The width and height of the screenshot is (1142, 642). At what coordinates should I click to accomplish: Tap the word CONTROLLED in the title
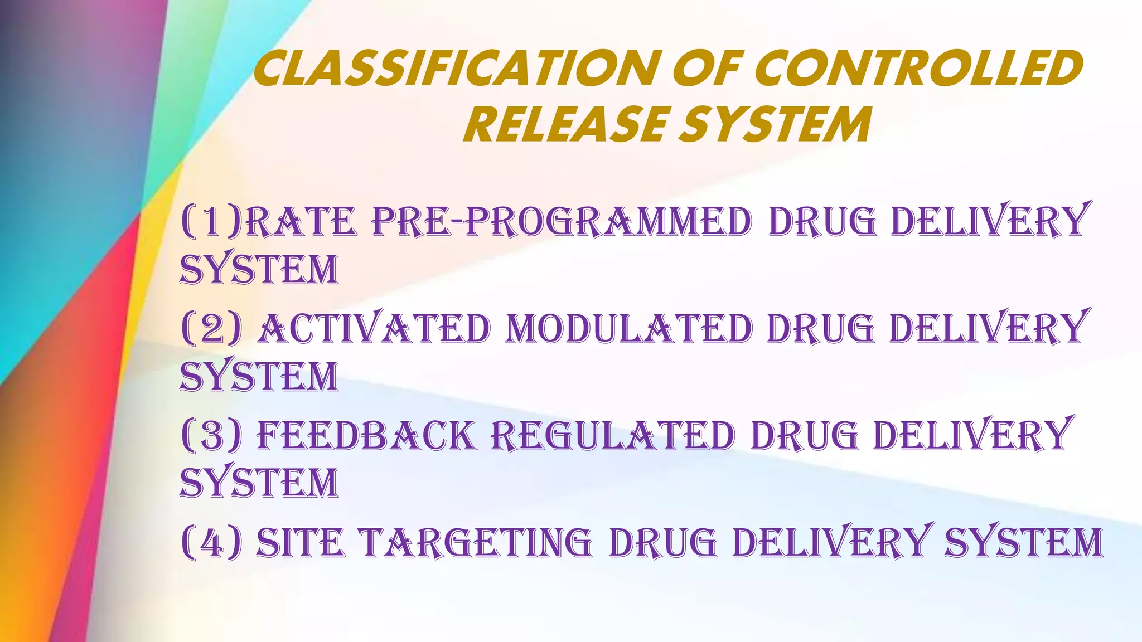pos(920,69)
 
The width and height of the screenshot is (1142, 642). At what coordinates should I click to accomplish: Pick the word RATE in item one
pos(301,222)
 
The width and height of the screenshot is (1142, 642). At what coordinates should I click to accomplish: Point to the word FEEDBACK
pos(366,436)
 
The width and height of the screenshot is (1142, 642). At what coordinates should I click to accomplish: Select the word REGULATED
pos(613,436)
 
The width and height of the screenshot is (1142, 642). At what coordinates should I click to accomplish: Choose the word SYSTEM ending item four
pos(1024,543)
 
